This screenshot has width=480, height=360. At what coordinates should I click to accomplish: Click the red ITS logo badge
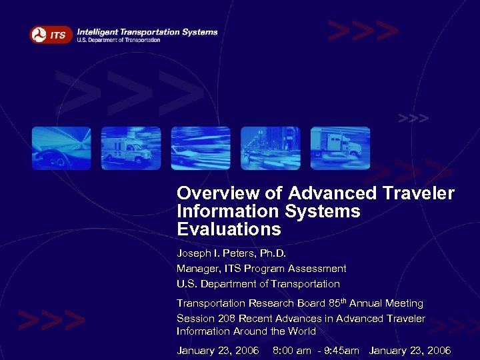[x=51, y=34]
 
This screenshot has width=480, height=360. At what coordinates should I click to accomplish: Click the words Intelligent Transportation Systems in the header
[x=147, y=31]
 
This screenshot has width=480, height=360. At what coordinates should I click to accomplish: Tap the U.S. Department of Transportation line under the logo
[x=119, y=41]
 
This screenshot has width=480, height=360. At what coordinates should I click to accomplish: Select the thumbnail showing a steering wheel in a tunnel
[x=61, y=148]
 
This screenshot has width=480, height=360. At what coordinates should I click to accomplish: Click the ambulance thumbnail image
[x=131, y=148]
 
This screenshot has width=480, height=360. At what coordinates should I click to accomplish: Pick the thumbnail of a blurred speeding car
[x=201, y=148]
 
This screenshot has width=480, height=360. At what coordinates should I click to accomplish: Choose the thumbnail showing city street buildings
[x=270, y=148]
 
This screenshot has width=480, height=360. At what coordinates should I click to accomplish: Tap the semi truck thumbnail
[x=340, y=148]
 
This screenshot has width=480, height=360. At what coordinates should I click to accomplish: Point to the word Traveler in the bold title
[x=418, y=194]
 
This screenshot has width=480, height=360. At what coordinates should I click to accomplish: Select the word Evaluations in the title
[x=229, y=230]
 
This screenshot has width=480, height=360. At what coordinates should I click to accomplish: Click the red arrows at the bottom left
[x=51, y=321]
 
